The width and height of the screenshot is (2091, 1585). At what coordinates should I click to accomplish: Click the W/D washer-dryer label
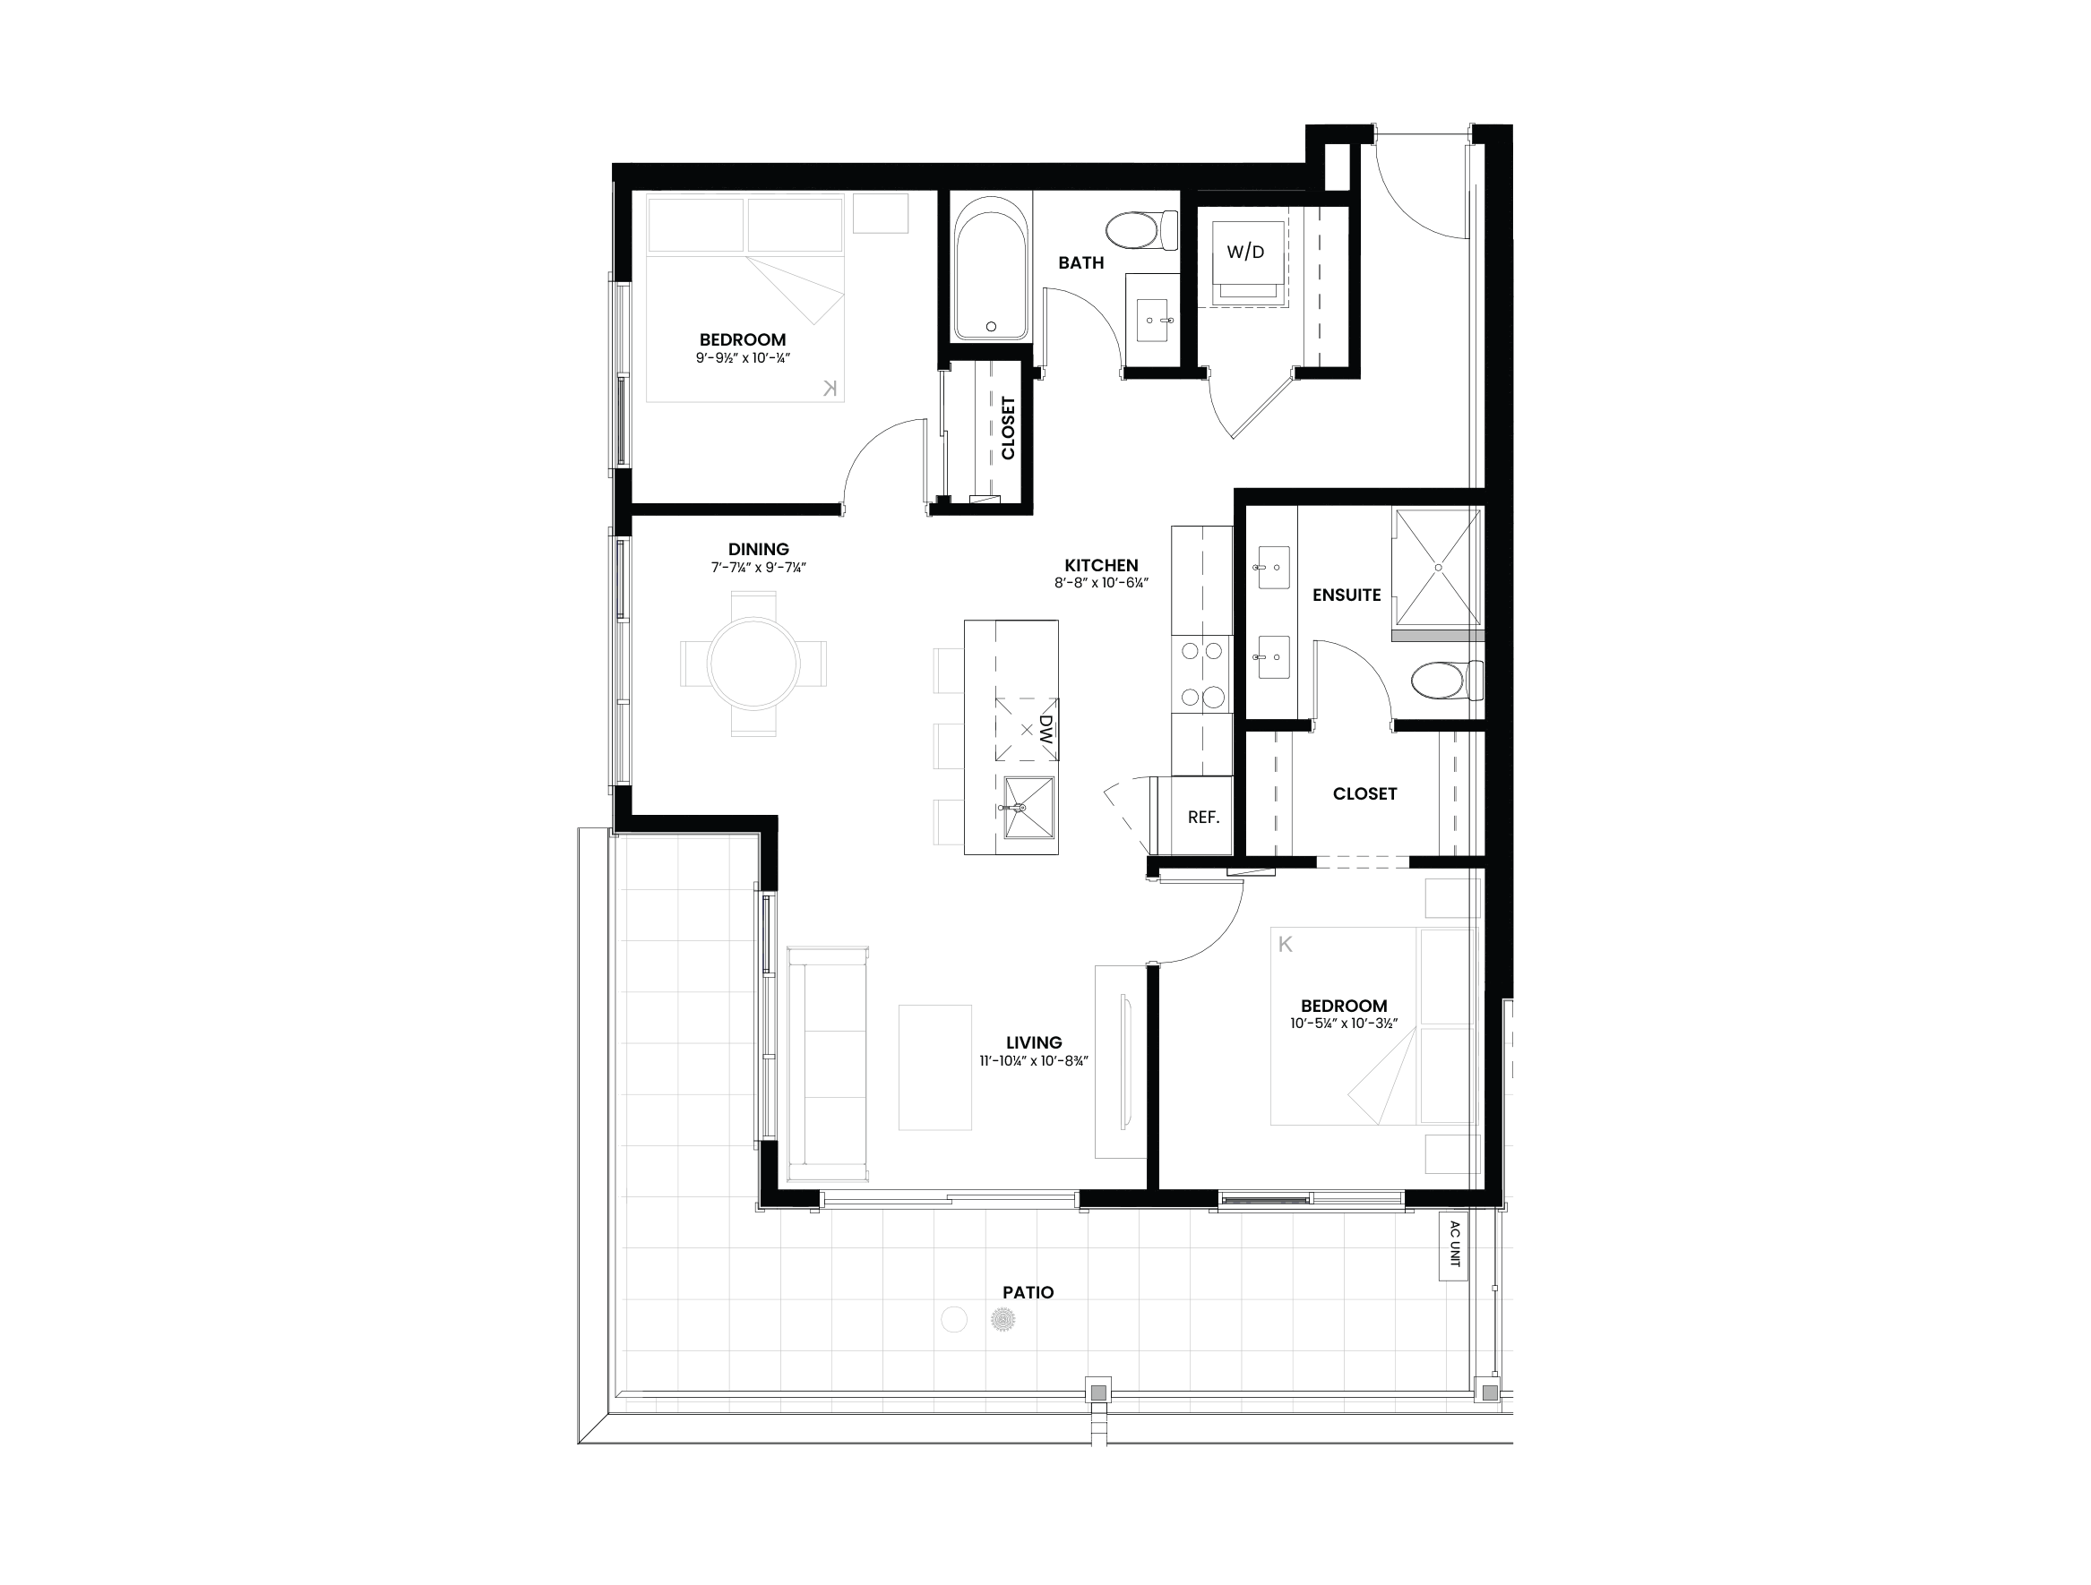point(1245,252)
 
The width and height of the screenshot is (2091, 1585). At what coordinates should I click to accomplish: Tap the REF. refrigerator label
point(1202,818)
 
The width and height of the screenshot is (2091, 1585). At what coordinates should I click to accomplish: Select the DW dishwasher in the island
point(1027,730)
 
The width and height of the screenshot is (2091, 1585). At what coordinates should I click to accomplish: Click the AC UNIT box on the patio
point(1453,1246)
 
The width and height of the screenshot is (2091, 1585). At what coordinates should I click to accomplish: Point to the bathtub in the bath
point(990,268)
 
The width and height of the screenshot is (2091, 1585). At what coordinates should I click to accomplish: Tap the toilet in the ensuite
point(1446,681)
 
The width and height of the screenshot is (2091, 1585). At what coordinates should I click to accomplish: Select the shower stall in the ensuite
point(1438,567)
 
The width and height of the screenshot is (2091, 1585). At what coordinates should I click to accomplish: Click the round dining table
point(753,664)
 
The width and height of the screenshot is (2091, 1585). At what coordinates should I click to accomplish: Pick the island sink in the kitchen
point(1028,807)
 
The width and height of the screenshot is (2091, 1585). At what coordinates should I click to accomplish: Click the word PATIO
point(1028,1292)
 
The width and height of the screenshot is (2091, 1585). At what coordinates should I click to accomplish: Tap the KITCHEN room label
point(1101,565)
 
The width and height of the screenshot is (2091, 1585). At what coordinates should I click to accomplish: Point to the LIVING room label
point(1033,1042)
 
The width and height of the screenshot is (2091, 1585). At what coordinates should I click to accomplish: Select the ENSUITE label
point(1347,595)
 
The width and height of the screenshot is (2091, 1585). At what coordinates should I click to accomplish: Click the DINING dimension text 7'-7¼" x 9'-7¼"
point(758,568)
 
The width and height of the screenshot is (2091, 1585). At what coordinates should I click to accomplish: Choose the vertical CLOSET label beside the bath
point(1008,428)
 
